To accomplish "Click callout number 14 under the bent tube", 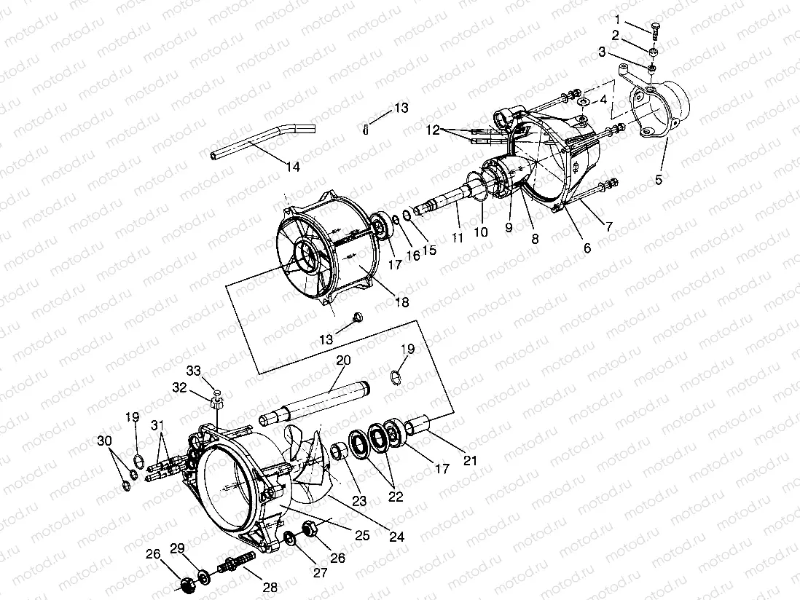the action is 292,167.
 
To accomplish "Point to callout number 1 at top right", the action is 618,19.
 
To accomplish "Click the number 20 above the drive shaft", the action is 343,360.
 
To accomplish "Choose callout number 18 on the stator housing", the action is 401,301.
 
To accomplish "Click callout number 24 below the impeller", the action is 396,538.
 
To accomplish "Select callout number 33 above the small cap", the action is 193,370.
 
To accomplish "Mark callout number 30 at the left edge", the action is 105,441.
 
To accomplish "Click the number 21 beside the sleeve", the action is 470,460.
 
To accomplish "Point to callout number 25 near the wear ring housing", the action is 362,535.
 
